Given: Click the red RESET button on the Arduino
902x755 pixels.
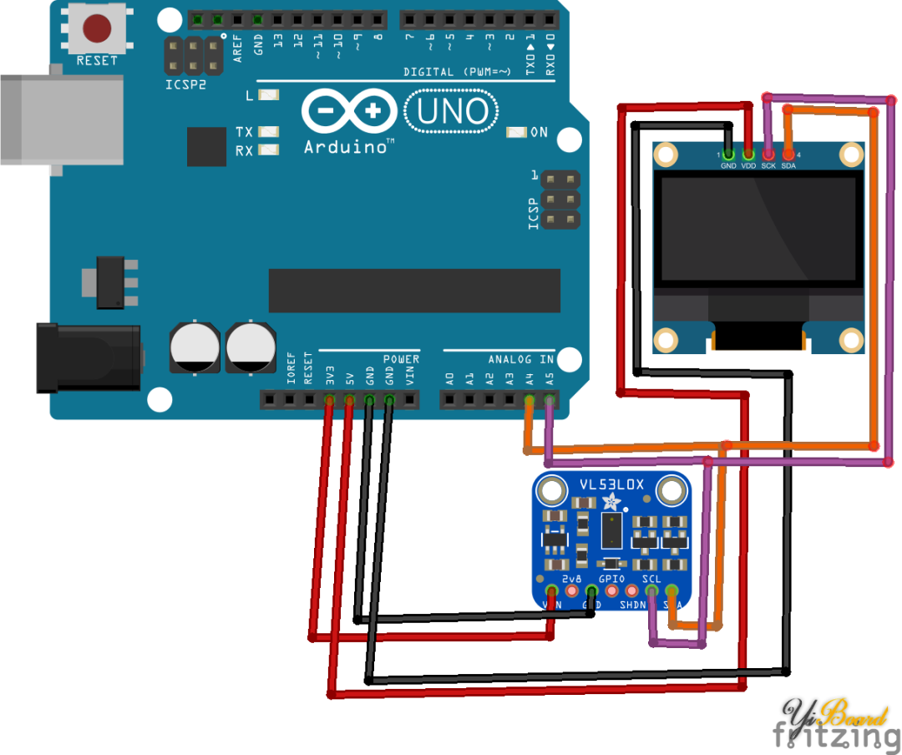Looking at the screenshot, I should (x=97, y=29).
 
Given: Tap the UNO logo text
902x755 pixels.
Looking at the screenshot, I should (x=451, y=111).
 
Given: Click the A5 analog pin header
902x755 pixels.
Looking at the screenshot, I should (x=549, y=400).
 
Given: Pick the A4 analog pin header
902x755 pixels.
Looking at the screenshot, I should (x=529, y=400).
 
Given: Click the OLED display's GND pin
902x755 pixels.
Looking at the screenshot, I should (x=728, y=155).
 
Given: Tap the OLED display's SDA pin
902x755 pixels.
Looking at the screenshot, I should (x=788, y=155).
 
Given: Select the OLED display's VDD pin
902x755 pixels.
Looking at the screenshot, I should (x=748, y=155).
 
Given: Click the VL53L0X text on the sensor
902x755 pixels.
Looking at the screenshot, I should (x=611, y=485).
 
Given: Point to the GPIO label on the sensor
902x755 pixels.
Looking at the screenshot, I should (x=611, y=578).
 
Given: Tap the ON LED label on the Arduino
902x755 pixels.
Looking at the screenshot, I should (x=539, y=132).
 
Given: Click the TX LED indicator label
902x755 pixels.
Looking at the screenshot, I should (x=244, y=132).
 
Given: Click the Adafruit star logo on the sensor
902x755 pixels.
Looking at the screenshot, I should (x=612, y=502).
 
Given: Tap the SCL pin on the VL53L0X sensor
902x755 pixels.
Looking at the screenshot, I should (x=651, y=591).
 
